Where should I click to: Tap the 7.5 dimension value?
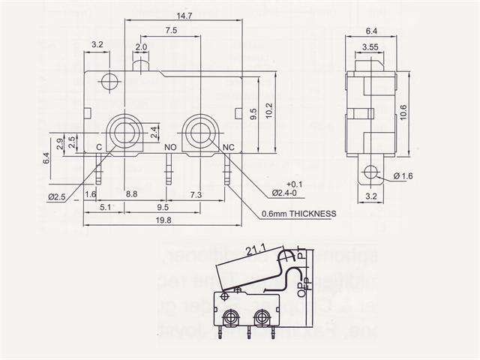pos(170,31)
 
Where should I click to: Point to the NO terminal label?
pos(170,147)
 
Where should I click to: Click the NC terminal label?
pos(231,147)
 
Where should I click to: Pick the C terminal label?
pos(98,147)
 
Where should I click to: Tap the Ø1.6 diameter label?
pos(403,176)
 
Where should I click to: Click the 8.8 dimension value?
pos(131,194)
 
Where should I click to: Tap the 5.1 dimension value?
pos(106,206)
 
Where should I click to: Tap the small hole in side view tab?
pos(367,173)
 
